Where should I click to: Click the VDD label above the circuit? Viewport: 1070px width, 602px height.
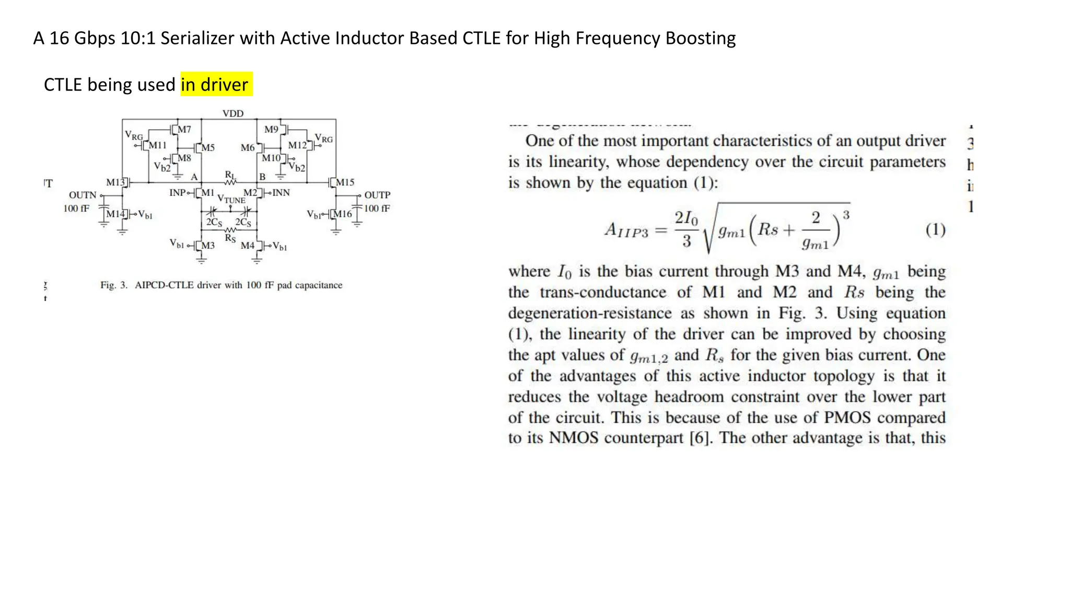tap(232, 113)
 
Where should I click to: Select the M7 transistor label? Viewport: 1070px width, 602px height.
tap(184, 129)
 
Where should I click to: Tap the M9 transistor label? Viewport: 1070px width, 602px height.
tap(271, 129)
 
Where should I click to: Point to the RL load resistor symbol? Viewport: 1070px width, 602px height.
tap(230, 182)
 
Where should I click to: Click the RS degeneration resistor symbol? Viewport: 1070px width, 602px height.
tap(230, 230)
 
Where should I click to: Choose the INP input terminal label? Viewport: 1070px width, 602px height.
tap(177, 193)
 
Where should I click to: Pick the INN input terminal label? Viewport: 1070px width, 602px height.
tap(281, 193)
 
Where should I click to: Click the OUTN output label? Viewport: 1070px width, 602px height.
tap(83, 195)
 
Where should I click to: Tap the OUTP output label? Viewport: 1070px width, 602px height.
tap(377, 195)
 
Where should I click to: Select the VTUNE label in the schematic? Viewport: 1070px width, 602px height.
tap(231, 199)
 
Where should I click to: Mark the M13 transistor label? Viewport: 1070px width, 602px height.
tap(115, 182)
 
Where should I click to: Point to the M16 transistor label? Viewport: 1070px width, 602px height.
tap(343, 214)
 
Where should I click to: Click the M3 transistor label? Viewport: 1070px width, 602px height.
tap(208, 245)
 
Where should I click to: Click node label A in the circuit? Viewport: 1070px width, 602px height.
tap(194, 177)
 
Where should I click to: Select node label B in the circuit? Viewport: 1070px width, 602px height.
tap(262, 177)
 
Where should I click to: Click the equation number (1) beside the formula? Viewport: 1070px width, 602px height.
tap(935, 229)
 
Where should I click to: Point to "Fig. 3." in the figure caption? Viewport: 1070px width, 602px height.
tap(114, 285)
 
